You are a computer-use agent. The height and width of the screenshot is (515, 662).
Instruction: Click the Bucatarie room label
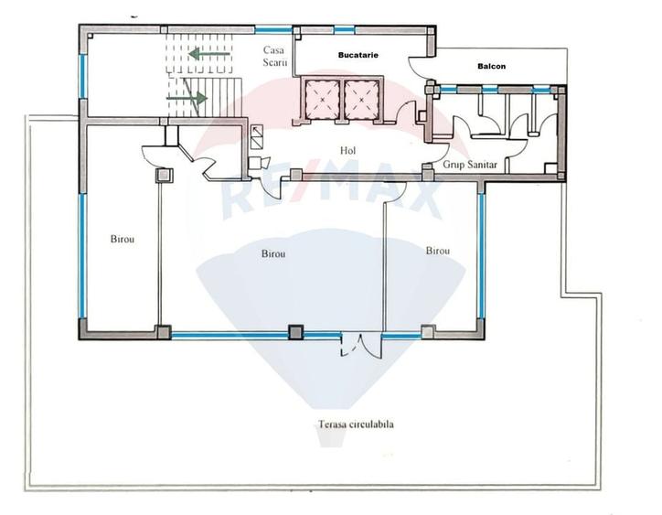pos(352,56)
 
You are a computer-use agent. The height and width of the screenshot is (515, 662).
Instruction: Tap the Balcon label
pos(492,66)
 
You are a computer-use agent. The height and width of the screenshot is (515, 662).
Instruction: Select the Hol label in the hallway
pos(347,150)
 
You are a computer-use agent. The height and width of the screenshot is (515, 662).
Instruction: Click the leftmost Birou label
pos(123,239)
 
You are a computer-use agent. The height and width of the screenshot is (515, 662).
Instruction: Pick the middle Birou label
pos(273,253)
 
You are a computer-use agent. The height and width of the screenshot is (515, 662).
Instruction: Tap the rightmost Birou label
pos(437,250)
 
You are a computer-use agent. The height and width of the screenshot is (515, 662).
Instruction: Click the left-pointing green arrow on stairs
pos(209,54)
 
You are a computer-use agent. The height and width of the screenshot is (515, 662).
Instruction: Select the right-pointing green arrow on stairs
pos(187,94)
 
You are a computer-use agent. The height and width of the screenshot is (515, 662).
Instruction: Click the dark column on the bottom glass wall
pos(295,332)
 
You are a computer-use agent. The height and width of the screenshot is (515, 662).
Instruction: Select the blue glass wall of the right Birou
pos(481,252)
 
